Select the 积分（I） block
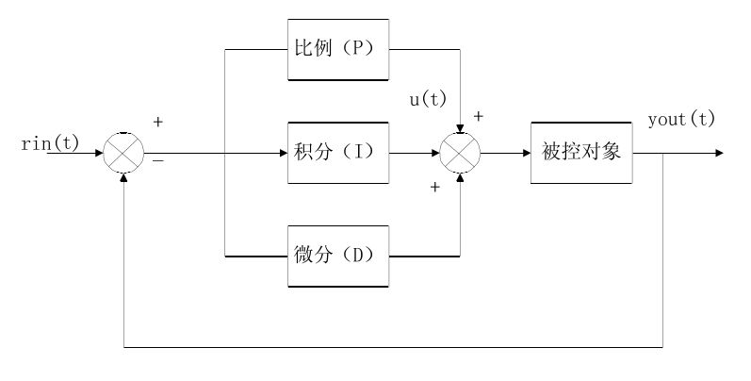pos(338,152)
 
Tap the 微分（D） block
pos(338,256)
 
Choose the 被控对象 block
pos(581,152)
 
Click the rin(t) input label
pos(50,143)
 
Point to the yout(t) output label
pos(681,120)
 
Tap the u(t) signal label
pos(427,99)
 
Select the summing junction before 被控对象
pos(461,152)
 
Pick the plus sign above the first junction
pos(157,123)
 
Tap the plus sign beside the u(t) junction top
pos(478,116)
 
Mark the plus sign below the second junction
pos(434,187)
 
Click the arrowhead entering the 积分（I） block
pos(284,152)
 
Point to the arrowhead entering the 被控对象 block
pos(525,152)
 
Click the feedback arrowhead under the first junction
pos(124,176)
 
